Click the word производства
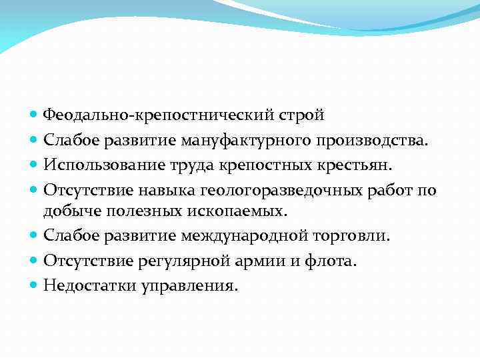[377, 140]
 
